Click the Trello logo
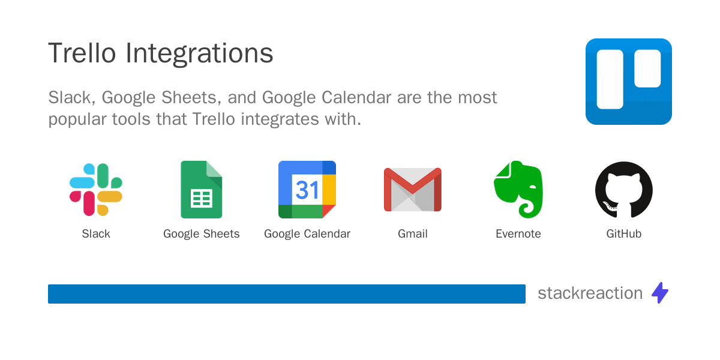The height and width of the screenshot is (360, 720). (628, 82)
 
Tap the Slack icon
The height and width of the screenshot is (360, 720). (96, 190)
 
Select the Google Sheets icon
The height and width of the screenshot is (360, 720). (202, 190)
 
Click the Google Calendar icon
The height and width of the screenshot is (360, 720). (307, 190)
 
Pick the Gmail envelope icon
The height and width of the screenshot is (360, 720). (413, 190)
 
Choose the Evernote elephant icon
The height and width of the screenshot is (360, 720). (518, 190)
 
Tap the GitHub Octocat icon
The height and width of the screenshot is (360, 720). (624, 190)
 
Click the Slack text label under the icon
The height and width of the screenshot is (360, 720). (96, 234)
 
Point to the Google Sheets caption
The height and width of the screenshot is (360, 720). (202, 234)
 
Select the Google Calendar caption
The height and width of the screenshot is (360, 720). (307, 234)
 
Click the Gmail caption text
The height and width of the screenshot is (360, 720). (413, 234)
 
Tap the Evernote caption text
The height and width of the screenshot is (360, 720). (518, 234)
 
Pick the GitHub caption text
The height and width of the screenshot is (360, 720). (624, 234)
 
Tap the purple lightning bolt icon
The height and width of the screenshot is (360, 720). (660, 293)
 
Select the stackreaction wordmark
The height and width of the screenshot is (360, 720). (590, 293)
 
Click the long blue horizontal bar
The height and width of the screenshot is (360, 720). (287, 294)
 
